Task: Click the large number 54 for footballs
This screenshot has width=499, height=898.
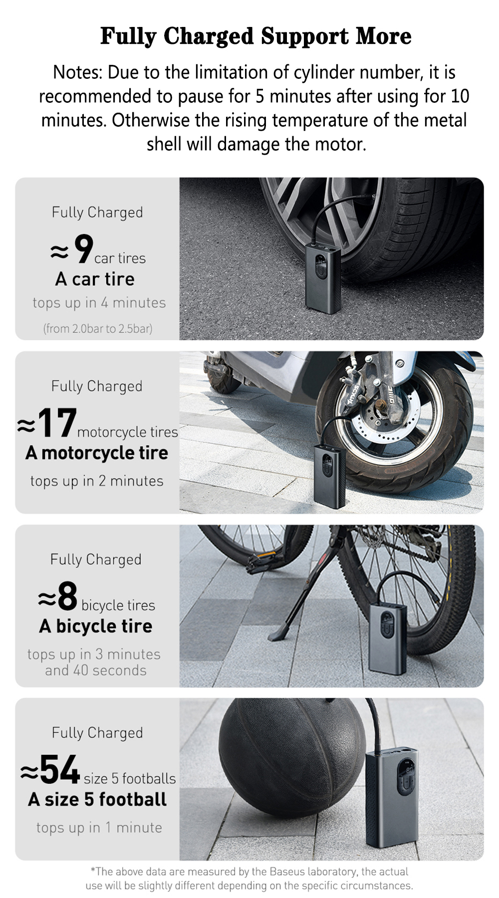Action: pyautogui.click(x=60, y=770)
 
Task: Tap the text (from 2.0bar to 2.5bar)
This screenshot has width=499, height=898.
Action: pyautogui.click(x=98, y=328)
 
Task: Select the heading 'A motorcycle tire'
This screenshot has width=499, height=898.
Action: pyautogui.click(x=97, y=453)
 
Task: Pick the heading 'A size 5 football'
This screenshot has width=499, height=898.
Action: pyautogui.click(x=97, y=800)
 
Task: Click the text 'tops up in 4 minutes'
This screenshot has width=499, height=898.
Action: pyautogui.click(x=99, y=303)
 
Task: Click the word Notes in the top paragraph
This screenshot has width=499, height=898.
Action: pyautogui.click(x=77, y=73)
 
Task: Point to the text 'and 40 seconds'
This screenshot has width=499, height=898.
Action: pyautogui.click(x=96, y=670)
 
